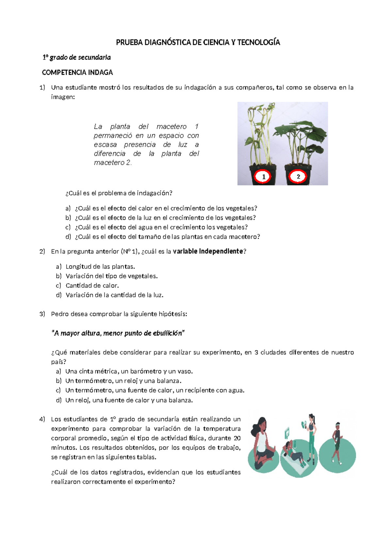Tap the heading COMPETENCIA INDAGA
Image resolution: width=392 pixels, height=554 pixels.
(x=77, y=73)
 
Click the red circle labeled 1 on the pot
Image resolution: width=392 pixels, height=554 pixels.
(x=263, y=177)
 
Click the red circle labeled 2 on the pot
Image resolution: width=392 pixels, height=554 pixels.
(x=298, y=177)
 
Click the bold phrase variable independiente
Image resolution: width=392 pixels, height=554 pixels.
(x=208, y=252)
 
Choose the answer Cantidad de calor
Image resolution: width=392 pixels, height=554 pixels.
(x=92, y=286)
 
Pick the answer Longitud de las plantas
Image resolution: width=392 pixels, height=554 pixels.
(x=100, y=267)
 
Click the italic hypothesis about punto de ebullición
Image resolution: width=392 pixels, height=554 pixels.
(x=118, y=334)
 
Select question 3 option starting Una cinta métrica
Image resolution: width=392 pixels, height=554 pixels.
(x=129, y=372)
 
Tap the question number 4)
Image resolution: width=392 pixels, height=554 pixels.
(x=42, y=419)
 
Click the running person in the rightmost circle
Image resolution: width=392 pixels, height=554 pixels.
(x=337, y=443)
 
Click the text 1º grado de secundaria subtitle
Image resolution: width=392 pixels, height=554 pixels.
(x=77, y=57)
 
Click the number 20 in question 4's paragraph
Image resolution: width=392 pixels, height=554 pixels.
(x=237, y=438)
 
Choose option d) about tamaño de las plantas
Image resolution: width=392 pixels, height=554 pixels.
(x=167, y=237)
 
